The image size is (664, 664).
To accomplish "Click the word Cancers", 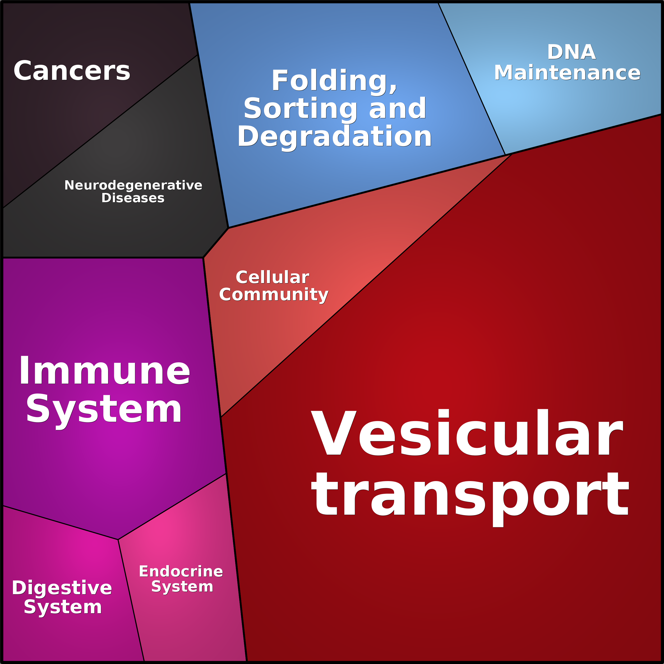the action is tap(72, 71).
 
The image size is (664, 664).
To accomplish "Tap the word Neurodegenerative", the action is tap(133, 185).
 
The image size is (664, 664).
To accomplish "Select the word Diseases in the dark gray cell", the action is tap(133, 198).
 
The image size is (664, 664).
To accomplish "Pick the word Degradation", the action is tap(334, 137).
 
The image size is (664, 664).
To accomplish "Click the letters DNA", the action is tap(571, 52).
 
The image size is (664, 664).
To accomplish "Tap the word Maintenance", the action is tap(568, 73).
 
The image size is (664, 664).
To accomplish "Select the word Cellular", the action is tap(273, 277).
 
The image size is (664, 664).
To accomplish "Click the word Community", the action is tap(274, 295).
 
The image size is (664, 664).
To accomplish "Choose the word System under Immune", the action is tap(104, 410).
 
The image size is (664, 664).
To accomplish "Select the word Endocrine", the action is tap(181, 571).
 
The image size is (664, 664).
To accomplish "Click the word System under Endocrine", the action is tap(182, 587).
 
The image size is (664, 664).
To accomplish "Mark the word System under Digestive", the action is tap(63, 607).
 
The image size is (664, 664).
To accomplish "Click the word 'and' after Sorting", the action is tap(398, 109).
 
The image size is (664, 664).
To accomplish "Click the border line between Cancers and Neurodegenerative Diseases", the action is tap(100, 132).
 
